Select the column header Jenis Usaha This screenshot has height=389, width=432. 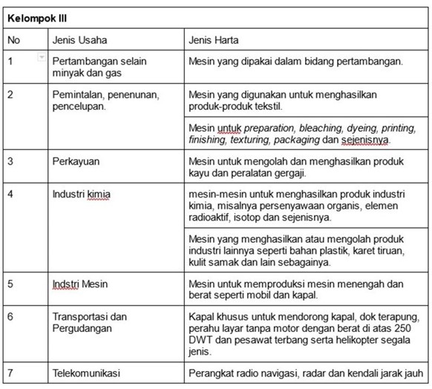pos(81,39)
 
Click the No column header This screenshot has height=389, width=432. pos(14,39)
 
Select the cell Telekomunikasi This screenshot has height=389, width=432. pos(86,373)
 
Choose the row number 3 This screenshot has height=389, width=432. pos(10,160)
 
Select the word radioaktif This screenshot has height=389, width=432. pos(214,218)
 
